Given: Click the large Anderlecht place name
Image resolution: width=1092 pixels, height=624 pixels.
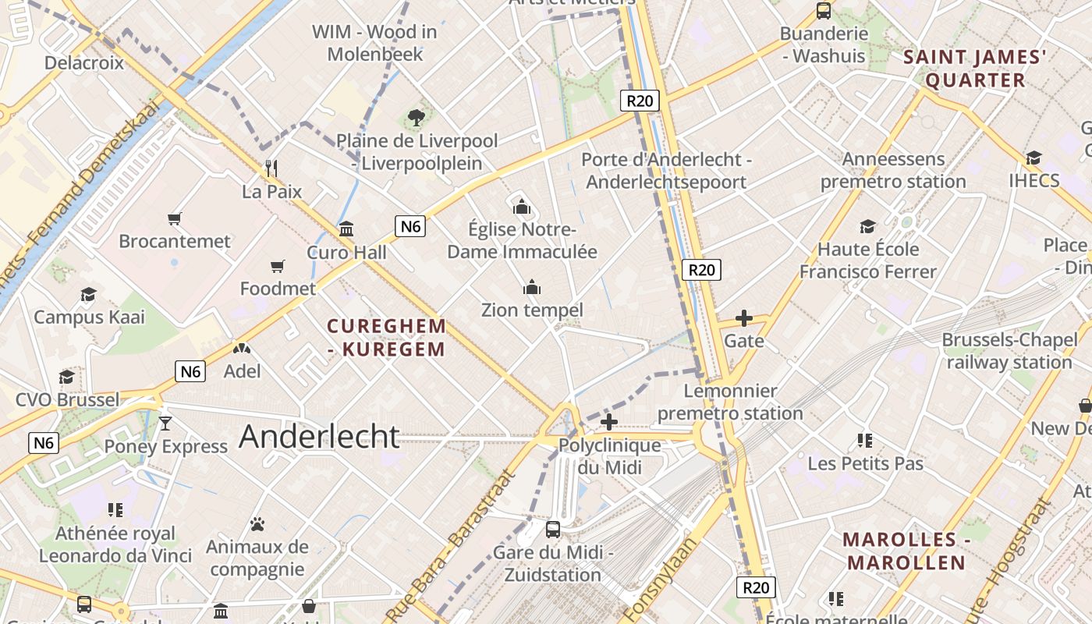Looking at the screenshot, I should (x=319, y=436).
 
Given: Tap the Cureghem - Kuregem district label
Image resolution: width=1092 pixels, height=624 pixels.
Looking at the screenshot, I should (x=386, y=337).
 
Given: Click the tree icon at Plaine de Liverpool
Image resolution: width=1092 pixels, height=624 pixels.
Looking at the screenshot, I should (x=417, y=118).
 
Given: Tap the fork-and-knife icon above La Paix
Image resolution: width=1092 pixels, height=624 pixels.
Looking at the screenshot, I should (x=271, y=168).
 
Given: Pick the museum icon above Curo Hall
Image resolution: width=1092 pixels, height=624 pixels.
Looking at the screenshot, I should (x=346, y=229).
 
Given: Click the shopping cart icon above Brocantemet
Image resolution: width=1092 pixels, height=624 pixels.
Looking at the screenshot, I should (x=175, y=218).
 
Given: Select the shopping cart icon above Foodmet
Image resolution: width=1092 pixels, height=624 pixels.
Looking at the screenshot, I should (x=278, y=267).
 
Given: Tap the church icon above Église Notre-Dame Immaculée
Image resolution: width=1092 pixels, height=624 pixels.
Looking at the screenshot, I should (x=522, y=207).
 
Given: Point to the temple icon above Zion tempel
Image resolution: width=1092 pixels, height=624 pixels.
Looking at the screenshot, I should (x=532, y=287).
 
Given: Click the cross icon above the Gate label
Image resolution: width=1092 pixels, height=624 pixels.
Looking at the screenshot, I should (x=744, y=318).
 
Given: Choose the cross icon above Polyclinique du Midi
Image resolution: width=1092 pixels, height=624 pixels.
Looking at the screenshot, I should (x=609, y=423).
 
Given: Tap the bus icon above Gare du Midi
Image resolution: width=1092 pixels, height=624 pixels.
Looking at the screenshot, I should (x=553, y=529).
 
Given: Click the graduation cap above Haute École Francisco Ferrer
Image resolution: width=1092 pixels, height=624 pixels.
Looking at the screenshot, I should (x=867, y=227).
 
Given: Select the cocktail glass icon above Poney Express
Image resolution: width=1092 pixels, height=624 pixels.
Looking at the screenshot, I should (x=165, y=424).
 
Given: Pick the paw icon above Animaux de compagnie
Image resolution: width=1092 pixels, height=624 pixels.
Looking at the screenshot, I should (x=257, y=524).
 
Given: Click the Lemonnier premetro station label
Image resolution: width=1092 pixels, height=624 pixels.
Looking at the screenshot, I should (x=730, y=402).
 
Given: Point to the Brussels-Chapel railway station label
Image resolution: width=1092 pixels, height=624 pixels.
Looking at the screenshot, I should (x=1009, y=351).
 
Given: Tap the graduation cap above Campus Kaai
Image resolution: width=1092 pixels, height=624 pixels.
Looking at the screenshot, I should (x=88, y=294).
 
